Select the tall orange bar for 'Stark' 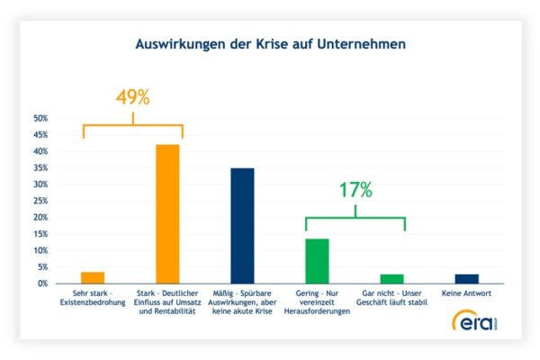tap(168, 214)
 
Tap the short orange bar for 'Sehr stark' tap(93, 277)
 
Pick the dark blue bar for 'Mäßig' tap(243, 226)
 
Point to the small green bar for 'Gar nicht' tap(392, 278)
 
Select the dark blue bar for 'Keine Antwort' tap(467, 278)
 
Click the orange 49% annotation tap(132, 97)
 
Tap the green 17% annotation tap(355, 189)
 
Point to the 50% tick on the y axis tap(40, 118)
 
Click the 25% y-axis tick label tap(40, 201)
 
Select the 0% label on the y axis tap(42, 283)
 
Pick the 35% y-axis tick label tap(40, 167)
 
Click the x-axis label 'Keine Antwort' tap(467, 294)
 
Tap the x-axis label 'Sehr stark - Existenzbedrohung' tap(94, 299)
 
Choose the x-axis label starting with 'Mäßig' tap(243, 303)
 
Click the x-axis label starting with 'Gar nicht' tap(392, 299)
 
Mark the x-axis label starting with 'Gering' tap(318, 303)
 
